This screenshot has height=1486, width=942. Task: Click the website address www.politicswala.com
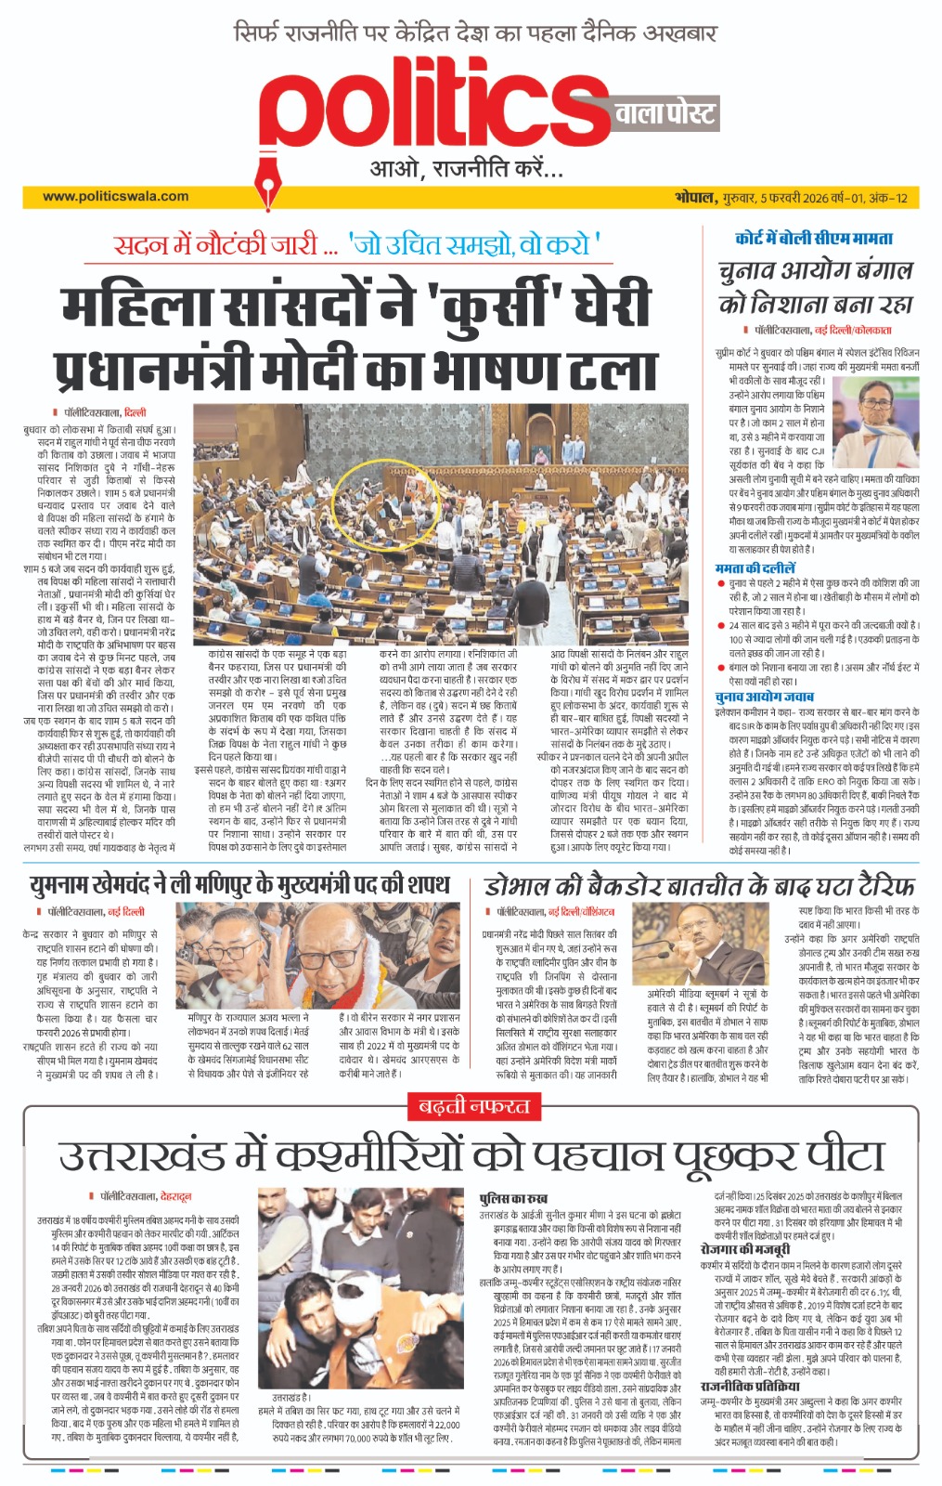pyautogui.click(x=115, y=196)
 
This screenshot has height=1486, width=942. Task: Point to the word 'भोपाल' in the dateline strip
pyautogui.click(x=694, y=197)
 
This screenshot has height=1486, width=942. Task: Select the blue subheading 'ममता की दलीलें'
pyautogui.click(x=755, y=567)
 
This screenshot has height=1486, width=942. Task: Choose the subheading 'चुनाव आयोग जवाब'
pyautogui.click(x=764, y=697)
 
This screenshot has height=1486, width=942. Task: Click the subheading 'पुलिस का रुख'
pyautogui.click(x=512, y=1199)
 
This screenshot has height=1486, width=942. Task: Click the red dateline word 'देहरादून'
pyautogui.click(x=175, y=1197)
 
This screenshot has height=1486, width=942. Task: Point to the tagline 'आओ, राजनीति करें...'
pyautogui.click(x=466, y=169)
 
